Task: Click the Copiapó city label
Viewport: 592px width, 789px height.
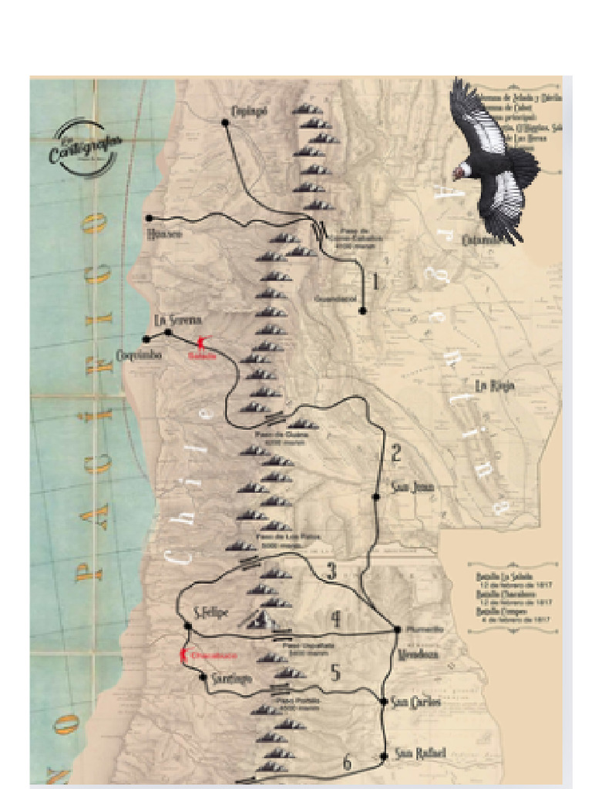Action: [247, 111]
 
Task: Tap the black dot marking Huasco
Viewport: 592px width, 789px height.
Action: [148, 218]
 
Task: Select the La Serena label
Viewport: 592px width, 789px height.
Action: [177, 320]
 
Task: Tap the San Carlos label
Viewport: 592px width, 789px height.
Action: [415, 702]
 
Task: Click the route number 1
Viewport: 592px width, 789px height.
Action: [375, 282]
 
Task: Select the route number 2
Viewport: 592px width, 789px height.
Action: [395, 453]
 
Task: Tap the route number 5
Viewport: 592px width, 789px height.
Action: [335, 673]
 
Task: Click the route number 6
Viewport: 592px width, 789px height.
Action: [347, 764]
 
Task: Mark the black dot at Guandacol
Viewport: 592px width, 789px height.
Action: [362, 311]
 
